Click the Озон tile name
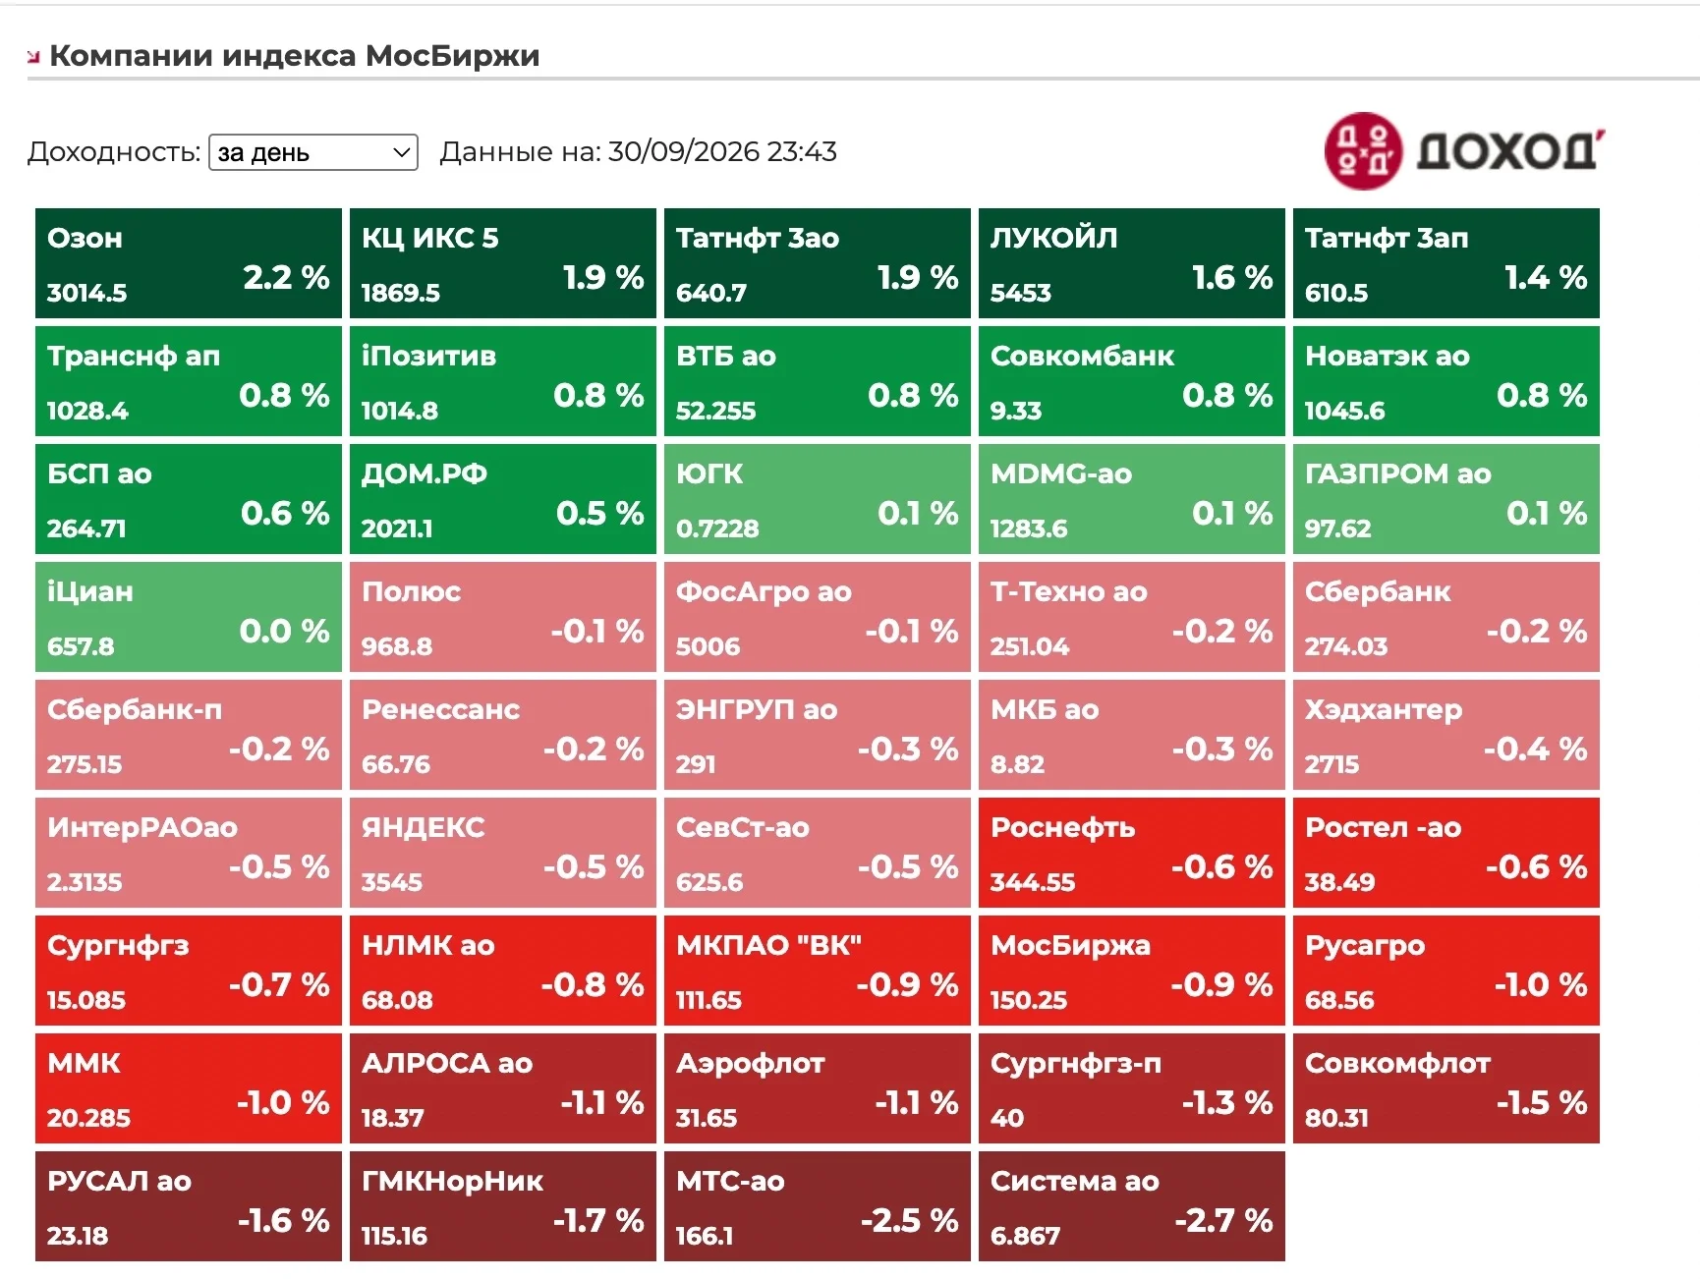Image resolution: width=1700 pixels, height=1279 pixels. (85, 238)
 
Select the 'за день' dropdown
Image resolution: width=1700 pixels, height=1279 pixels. (313, 152)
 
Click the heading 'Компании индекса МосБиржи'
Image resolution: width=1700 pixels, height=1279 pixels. (295, 56)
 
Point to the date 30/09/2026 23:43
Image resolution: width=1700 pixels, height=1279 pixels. (722, 151)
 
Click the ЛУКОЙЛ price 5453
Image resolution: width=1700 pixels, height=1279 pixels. (1020, 293)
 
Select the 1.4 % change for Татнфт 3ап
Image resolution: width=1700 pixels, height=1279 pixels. (1546, 277)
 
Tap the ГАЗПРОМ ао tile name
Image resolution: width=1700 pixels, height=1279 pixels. (1397, 473)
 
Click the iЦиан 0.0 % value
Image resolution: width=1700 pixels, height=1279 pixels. (284, 631)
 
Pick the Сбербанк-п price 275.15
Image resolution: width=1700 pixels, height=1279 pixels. (85, 764)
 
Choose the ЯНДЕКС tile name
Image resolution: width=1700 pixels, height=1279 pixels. (423, 827)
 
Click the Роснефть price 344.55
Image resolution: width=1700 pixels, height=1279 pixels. (1033, 882)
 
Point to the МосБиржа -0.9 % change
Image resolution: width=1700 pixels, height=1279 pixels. (1221, 984)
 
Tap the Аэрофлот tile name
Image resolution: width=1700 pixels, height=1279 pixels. (750, 1063)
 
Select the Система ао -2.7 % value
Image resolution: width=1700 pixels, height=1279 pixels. (1223, 1220)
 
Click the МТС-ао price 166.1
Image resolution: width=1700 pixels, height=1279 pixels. (705, 1236)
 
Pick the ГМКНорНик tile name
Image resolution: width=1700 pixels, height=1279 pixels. (452, 1181)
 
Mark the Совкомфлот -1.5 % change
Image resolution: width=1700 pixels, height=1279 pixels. (1541, 1102)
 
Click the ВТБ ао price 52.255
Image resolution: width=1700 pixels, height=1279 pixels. (715, 411)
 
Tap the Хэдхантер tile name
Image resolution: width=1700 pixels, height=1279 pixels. (1383, 710)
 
